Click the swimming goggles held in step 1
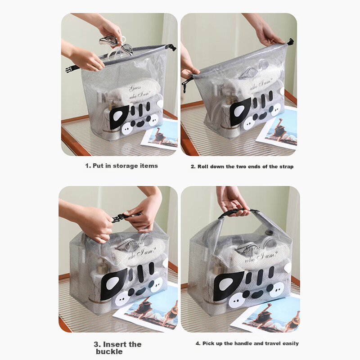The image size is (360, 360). click(116, 47)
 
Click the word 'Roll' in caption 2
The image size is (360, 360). click(203, 166)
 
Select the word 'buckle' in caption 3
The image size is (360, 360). click(109, 352)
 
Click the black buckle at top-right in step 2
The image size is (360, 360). click(291, 42)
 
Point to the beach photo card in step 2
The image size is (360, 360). click(277, 129)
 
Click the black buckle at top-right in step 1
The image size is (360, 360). click(173, 48)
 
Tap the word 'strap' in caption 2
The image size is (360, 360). click(286, 167)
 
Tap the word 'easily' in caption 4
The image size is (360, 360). click(291, 344)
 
